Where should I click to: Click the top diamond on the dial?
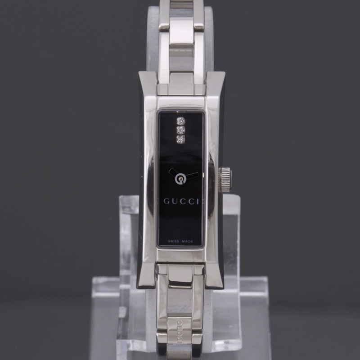coord(181,121)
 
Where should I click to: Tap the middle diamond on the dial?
coord(181,130)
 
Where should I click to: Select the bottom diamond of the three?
coord(181,139)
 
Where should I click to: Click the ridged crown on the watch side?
coord(225,180)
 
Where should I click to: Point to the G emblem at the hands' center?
coord(180,179)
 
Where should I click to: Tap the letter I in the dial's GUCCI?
coord(197,201)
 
